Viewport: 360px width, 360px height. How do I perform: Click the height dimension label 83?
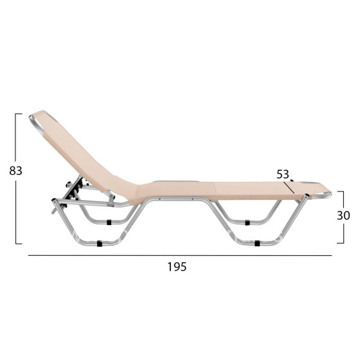click(x=15, y=171)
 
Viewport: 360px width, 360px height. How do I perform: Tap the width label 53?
click(x=283, y=174)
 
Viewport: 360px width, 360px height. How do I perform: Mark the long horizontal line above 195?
click(x=180, y=256)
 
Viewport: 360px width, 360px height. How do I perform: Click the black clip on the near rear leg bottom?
click(x=100, y=244)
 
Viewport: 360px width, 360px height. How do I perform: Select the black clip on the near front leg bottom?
click(x=256, y=244)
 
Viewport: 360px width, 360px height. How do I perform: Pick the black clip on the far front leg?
click(x=247, y=222)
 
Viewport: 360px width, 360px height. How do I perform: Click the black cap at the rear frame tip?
click(x=53, y=209)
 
